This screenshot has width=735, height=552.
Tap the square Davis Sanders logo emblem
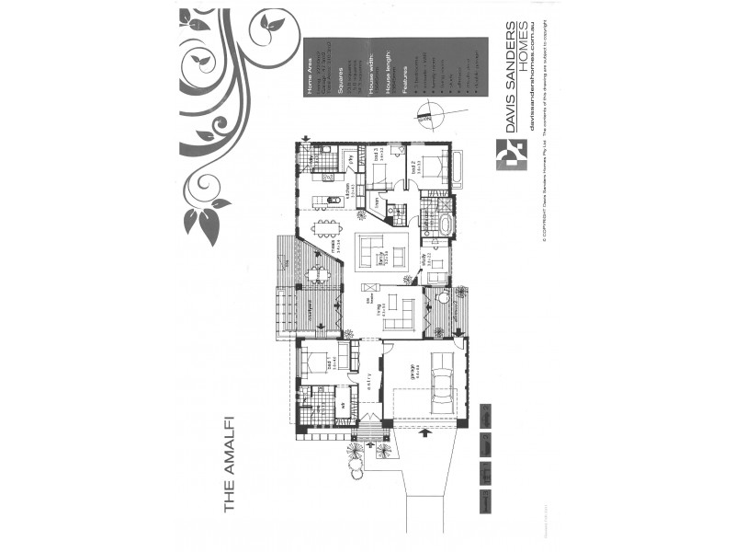(508, 155)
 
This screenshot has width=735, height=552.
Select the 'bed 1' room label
(328, 364)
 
